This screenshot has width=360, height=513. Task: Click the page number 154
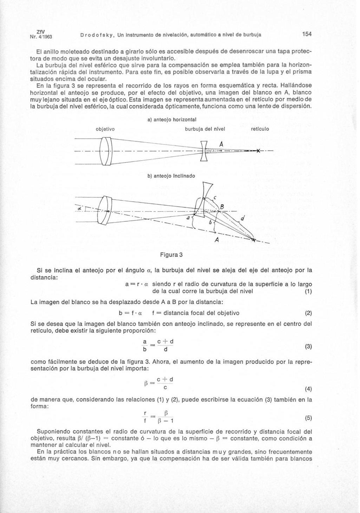307,34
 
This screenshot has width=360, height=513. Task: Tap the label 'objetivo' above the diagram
105,129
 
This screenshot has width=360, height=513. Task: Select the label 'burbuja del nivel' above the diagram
205,129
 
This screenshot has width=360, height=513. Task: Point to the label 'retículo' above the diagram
260,129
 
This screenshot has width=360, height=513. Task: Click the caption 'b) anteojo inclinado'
171,175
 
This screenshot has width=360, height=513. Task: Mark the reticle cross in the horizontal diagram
258,151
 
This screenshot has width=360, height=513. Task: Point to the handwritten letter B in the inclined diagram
222,206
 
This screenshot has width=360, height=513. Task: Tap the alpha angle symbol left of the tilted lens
80,209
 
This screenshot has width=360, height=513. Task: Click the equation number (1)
308,291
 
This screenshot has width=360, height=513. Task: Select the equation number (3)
308,346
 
